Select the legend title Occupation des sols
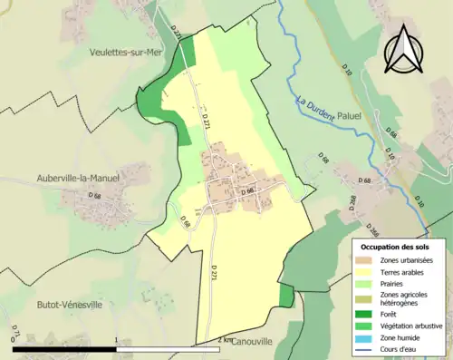pos(395,247)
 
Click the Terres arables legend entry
pos(400,273)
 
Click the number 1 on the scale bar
pos(116,339)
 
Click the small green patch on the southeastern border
pos(286,297)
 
